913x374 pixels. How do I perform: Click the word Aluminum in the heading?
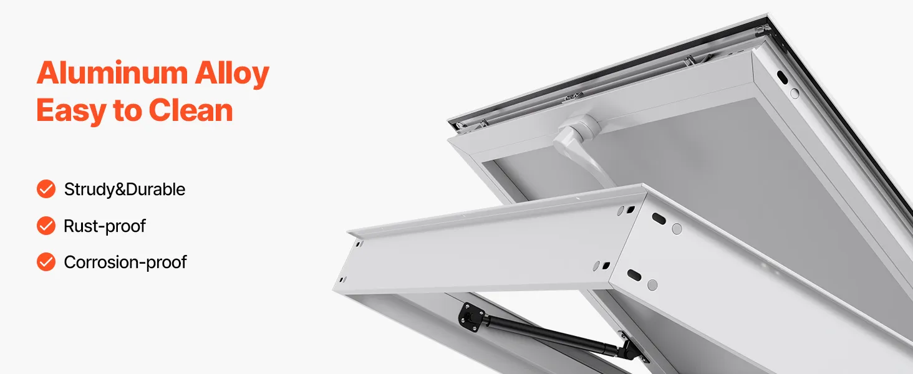pyautogui.click(x=112, y=74)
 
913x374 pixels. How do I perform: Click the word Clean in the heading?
pyautogui.click(x=191, y=110)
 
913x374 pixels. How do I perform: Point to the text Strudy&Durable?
pyautogui.click(x=125, y=189)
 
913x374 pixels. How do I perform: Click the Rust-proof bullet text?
pyautogui.click(x=105, y=226)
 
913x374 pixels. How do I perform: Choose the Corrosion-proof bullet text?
pyautogui.click(x=125, y=262)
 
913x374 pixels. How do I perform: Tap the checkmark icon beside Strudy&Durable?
pyautogui.click(x=46, y=189)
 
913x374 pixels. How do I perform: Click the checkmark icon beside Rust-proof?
pyautogui.click(x=46, y=226)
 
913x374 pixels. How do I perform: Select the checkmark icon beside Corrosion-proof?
pyautogui.click(x=46, y=262)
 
